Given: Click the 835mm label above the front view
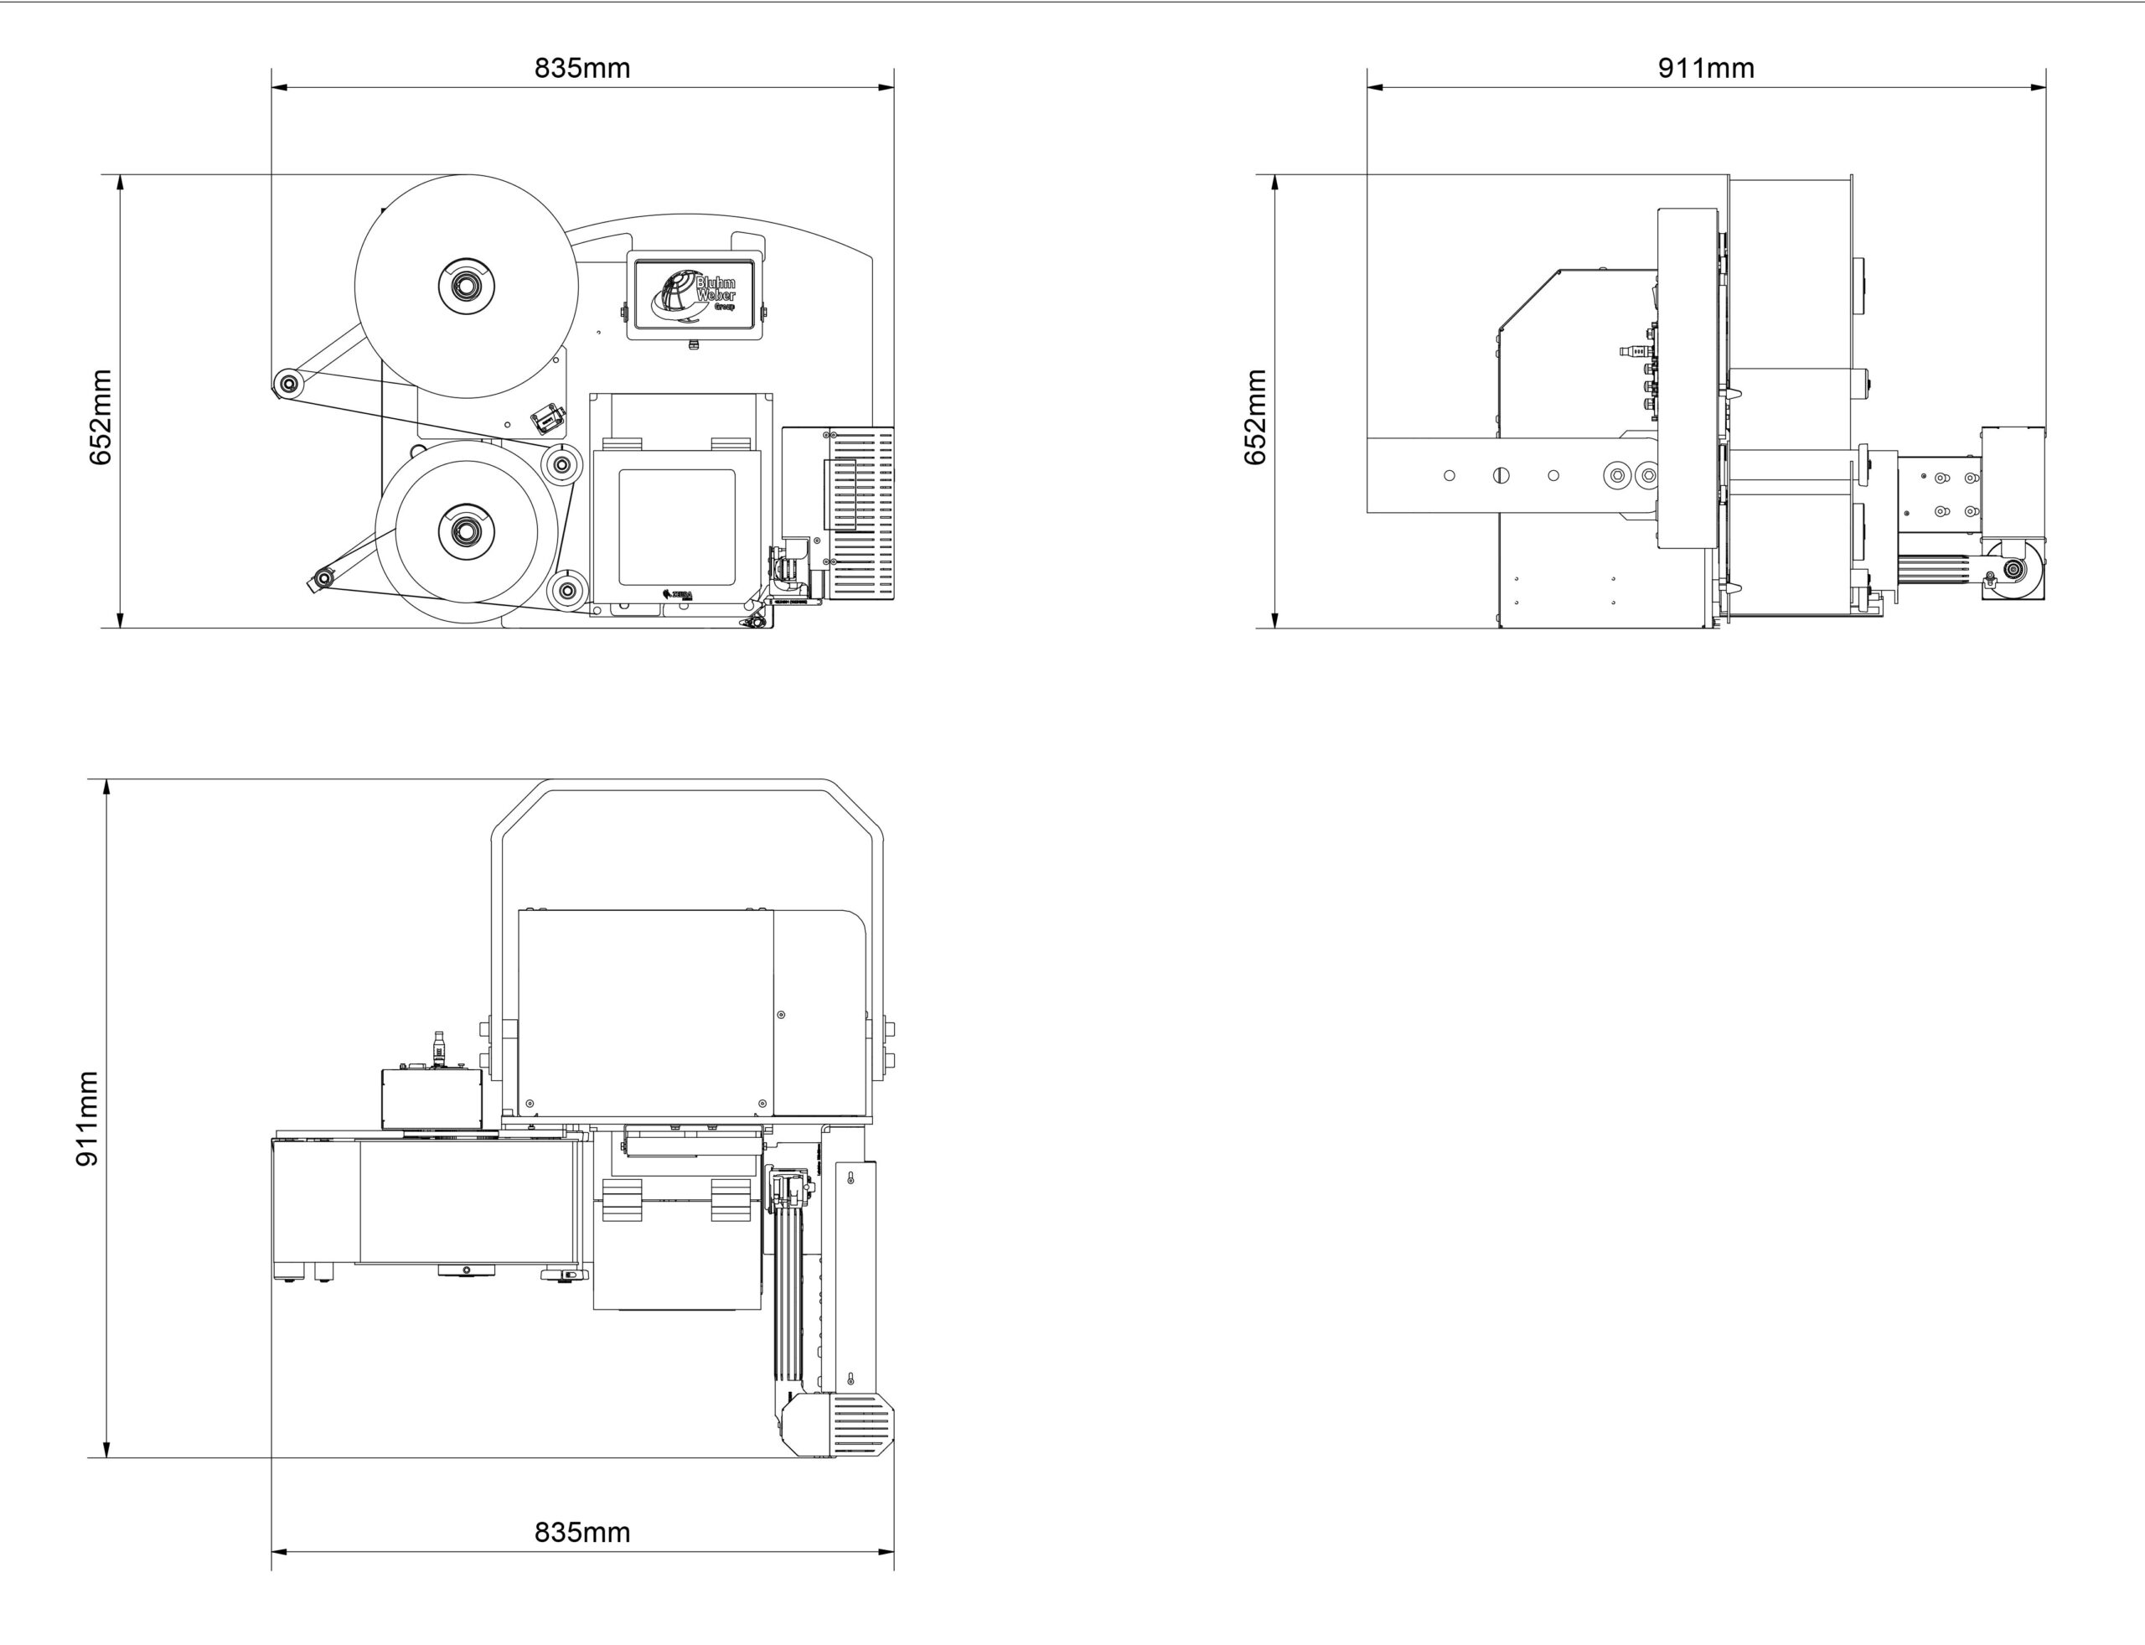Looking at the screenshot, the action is (x=581, y=68).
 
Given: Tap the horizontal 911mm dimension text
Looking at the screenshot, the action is (x=1705, y=68).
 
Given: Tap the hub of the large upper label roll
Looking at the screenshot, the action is (x=466, y=286).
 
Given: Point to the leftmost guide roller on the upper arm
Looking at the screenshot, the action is (x=287, y=383).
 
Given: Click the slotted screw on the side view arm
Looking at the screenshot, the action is (x=1501, y=476).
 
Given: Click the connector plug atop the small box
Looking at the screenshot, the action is (x=437, y=1048).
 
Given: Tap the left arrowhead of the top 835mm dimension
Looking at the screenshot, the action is (x=279, y=87).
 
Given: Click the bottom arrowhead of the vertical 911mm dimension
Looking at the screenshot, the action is (x=106, y=1449).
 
